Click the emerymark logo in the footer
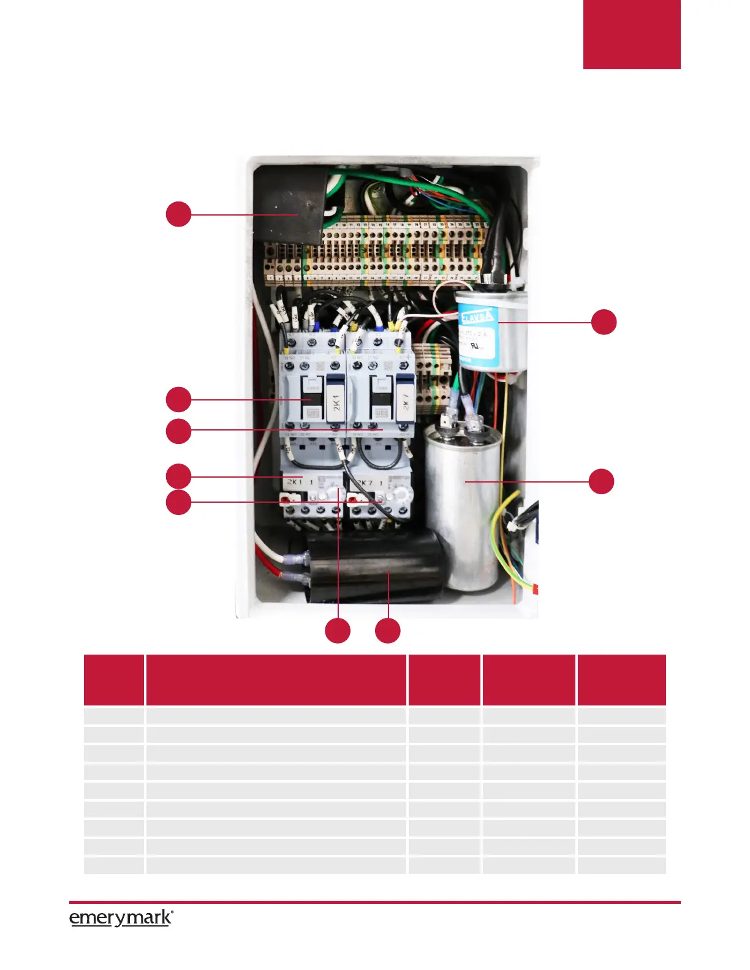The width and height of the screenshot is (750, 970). coord(121,918)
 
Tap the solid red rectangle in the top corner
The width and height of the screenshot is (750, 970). coord(631,34)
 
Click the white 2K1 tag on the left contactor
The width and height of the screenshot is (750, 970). coord(335,403)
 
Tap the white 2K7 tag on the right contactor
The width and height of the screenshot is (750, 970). coord(404,403)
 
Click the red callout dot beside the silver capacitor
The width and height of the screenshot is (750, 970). coord(601,481)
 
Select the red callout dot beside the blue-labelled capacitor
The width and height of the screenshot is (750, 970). coord(604,322)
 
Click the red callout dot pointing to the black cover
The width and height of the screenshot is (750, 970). coord(178,214)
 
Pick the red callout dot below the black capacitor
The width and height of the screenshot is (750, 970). coord(388,631)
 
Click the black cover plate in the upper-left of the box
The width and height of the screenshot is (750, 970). coord(288,205)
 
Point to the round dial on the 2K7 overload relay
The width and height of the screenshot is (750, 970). coord(402,494)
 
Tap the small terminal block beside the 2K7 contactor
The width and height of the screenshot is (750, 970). coord(434,370)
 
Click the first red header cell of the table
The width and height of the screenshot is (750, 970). coord(114,680)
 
